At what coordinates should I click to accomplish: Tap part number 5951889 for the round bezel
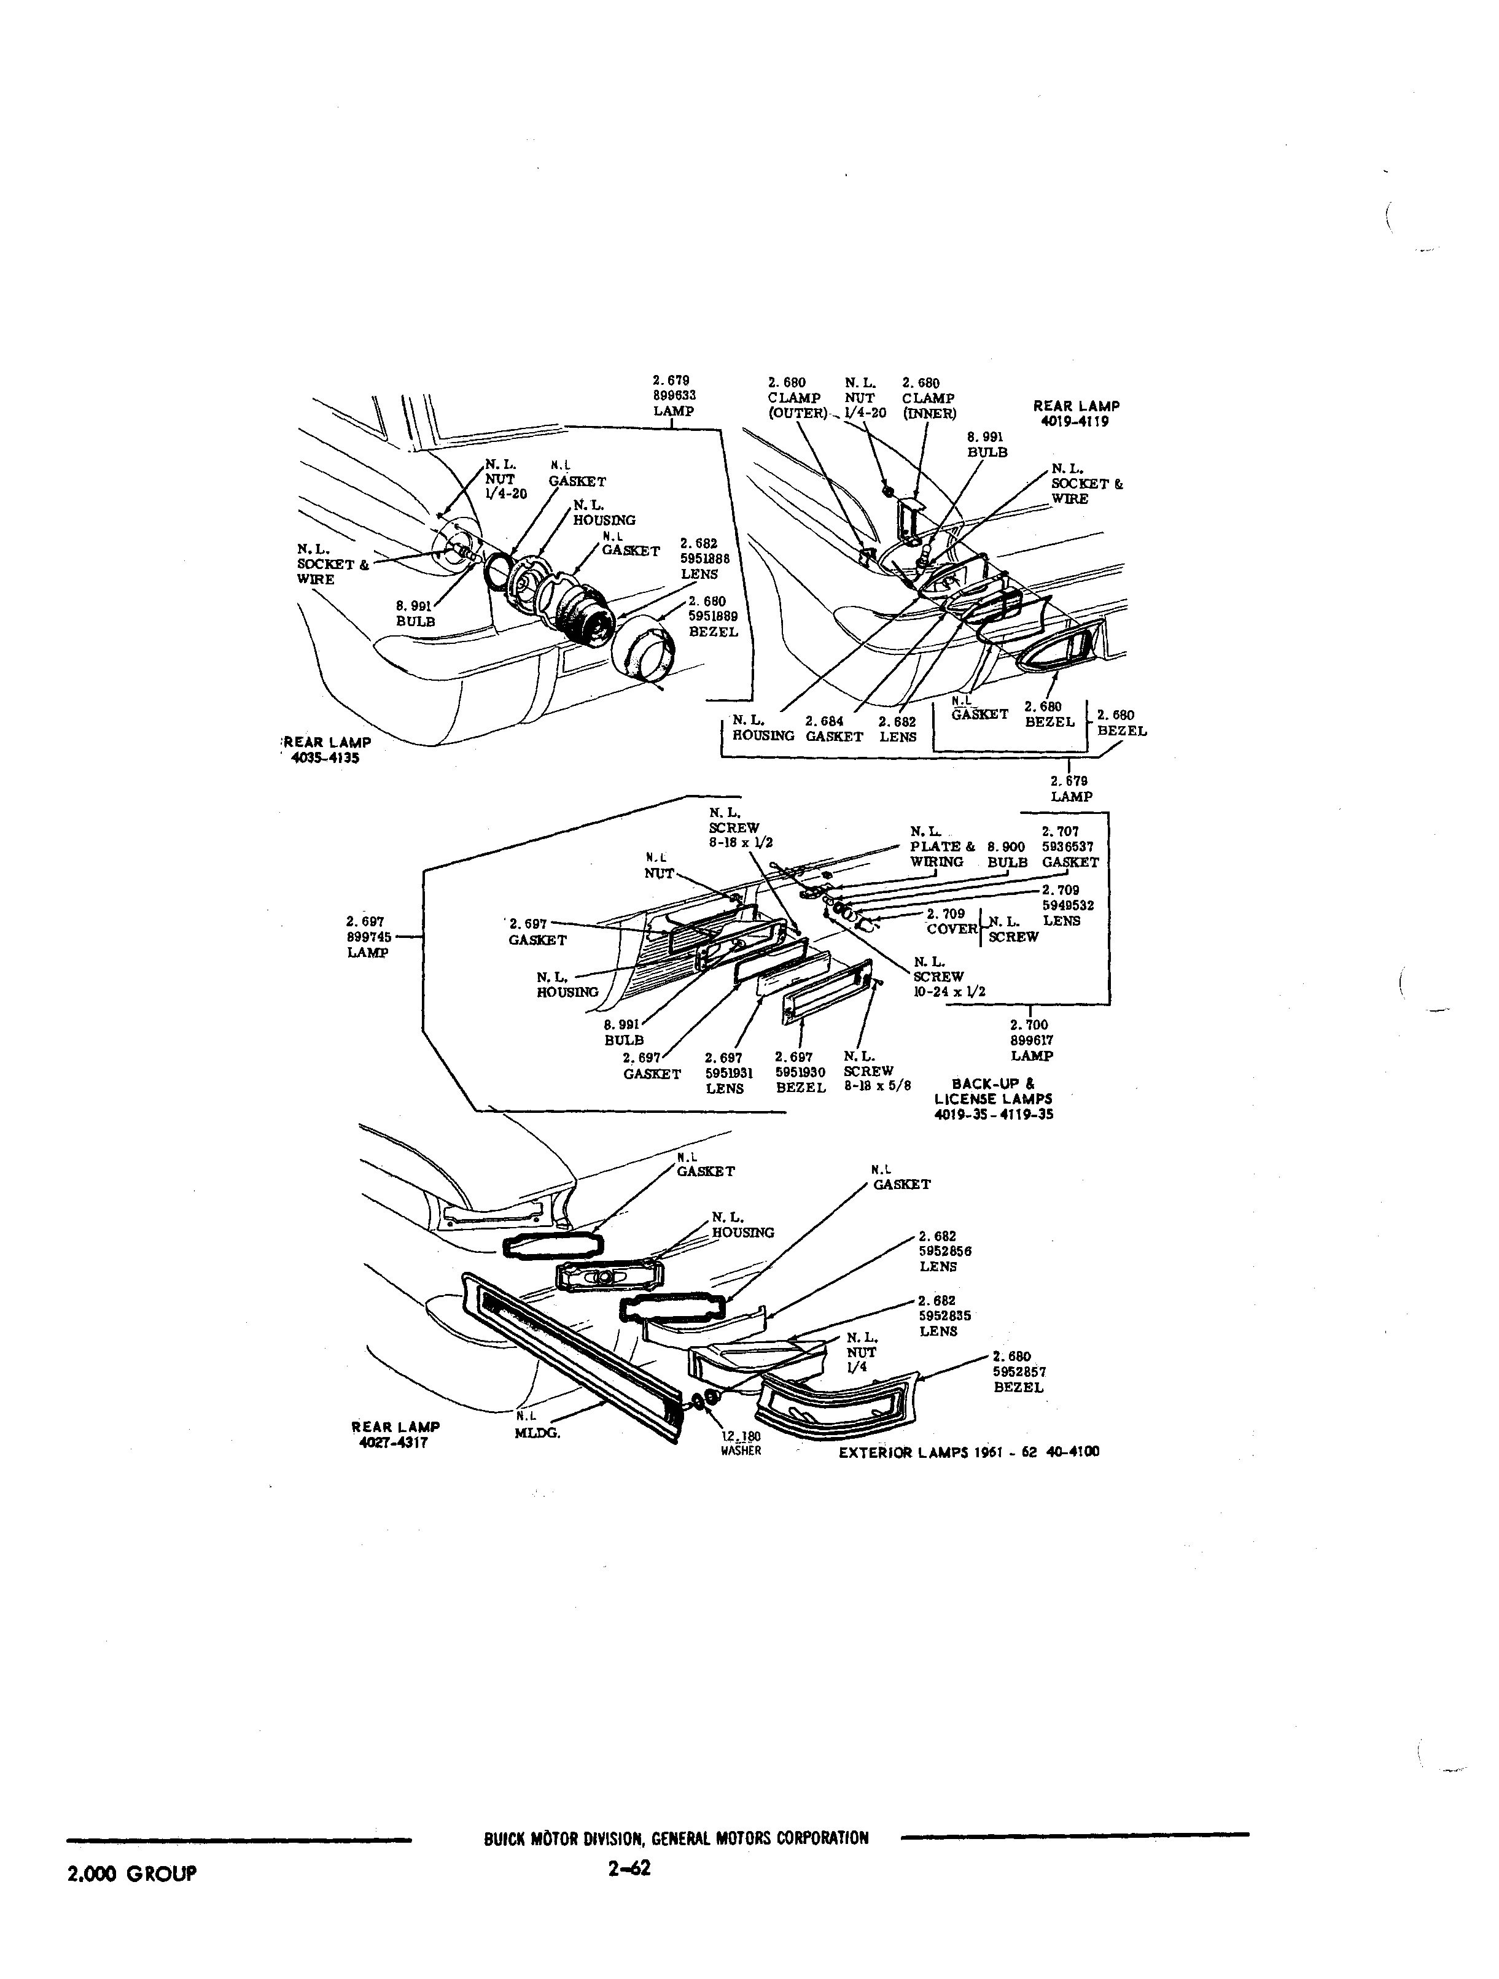[713, 616]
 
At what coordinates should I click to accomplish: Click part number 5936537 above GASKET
[1068, 846]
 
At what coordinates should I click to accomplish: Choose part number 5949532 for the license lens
[1068, 905]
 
